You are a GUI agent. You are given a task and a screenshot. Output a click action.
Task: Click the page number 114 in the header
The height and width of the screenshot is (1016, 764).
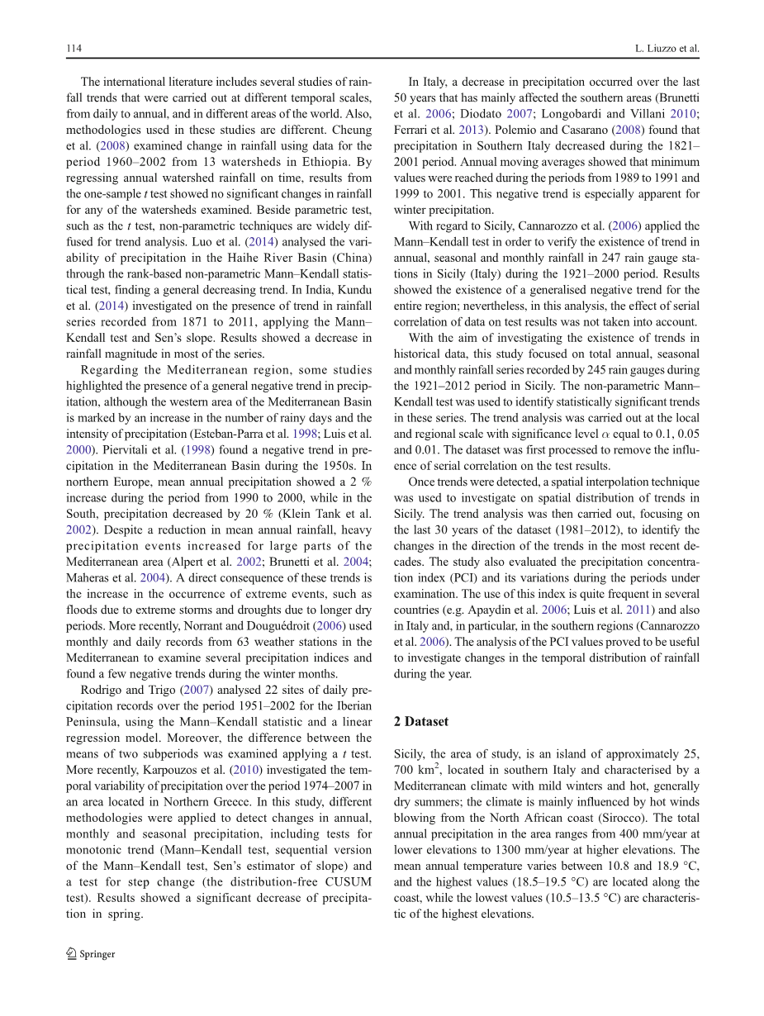point(74,49)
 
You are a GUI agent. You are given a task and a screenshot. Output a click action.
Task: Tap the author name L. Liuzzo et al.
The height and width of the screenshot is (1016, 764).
point(663,49)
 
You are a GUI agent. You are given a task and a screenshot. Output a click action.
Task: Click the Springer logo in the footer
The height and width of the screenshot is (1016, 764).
point(91,954)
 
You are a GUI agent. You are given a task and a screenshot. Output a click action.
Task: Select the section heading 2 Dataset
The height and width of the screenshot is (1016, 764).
point(421,721)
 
